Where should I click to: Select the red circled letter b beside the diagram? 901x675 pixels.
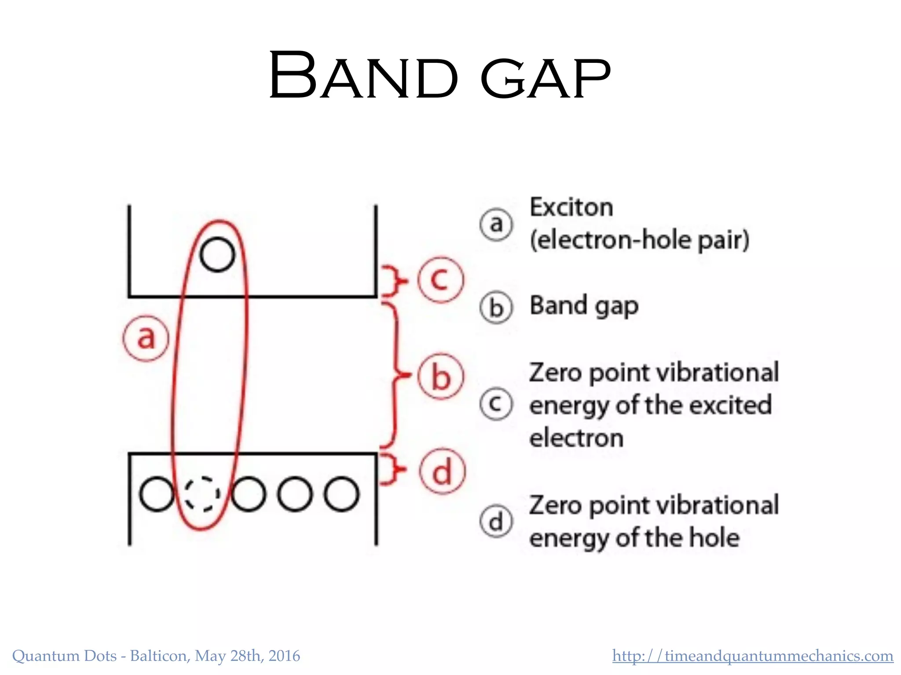tap(440, 376)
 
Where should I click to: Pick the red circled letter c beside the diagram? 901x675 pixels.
tap(440, 279)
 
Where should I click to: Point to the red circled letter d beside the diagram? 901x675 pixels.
tap(442, 472)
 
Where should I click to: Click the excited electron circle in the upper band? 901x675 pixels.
tap(217, 254)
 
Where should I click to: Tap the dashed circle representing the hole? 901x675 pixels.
tap(202, 494)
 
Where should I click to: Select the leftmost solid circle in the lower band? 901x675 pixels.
tap(156, 494)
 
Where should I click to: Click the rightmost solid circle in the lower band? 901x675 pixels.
tap(341, 494)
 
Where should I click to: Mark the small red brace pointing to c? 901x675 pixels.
tap(393, 280)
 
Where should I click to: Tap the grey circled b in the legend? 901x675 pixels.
tap(496, 308)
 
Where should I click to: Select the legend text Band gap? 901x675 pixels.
tap(584, 306)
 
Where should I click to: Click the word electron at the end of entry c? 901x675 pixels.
tap(576, 438)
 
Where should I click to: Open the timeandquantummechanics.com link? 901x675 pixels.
tap(752, 656)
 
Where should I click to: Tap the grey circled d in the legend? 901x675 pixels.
tap(496, 522)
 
